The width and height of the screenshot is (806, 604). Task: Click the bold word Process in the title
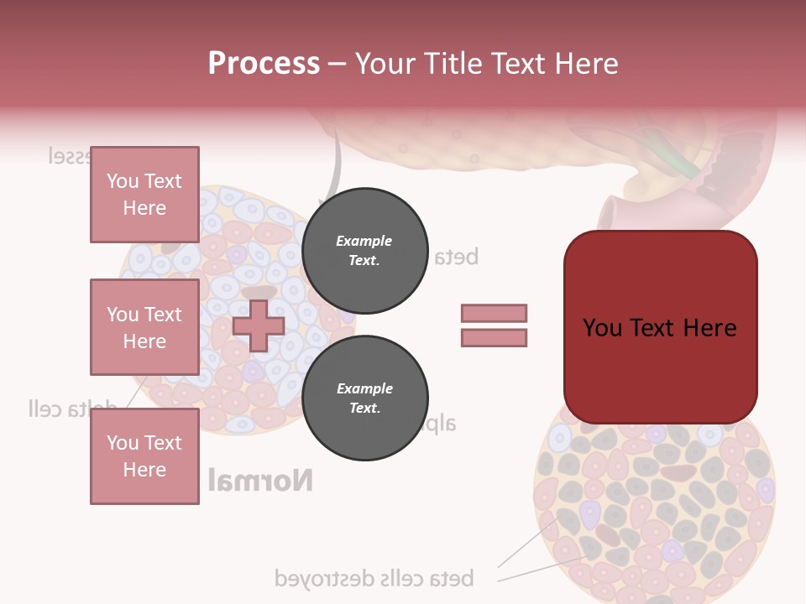(264, 64)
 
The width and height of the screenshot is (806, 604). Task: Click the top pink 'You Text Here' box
(144, 195)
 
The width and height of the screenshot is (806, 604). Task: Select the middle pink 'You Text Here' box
(144, 327)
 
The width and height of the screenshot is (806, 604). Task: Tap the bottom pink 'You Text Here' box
(144, 456)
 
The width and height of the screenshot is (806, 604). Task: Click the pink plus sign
(259, 325)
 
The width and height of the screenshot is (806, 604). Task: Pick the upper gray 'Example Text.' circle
(364, 251)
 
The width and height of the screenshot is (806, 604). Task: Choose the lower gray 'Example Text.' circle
(364, 398)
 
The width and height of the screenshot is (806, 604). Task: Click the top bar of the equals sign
(494, 313)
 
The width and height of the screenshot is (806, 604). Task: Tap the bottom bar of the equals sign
(494, 337)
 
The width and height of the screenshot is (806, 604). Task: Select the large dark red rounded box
(660, 327)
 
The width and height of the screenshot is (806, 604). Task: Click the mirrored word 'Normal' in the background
(260, 481)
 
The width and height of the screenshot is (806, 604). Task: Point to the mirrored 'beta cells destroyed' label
(374, 578)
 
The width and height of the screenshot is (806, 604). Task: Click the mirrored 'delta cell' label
(71, 409)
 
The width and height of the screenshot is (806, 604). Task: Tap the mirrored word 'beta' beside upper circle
(454, 257)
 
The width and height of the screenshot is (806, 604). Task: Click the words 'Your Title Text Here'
(486, 64)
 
